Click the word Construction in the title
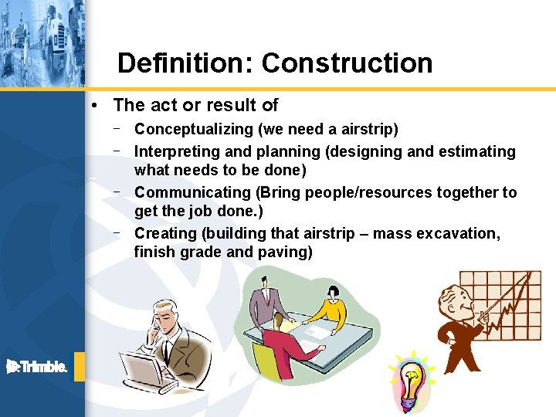click(x=347, y=63)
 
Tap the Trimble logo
click(x=36, y=367)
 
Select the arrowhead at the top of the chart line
click(x=531, y=276)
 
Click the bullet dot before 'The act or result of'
click(x=93, y=105)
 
